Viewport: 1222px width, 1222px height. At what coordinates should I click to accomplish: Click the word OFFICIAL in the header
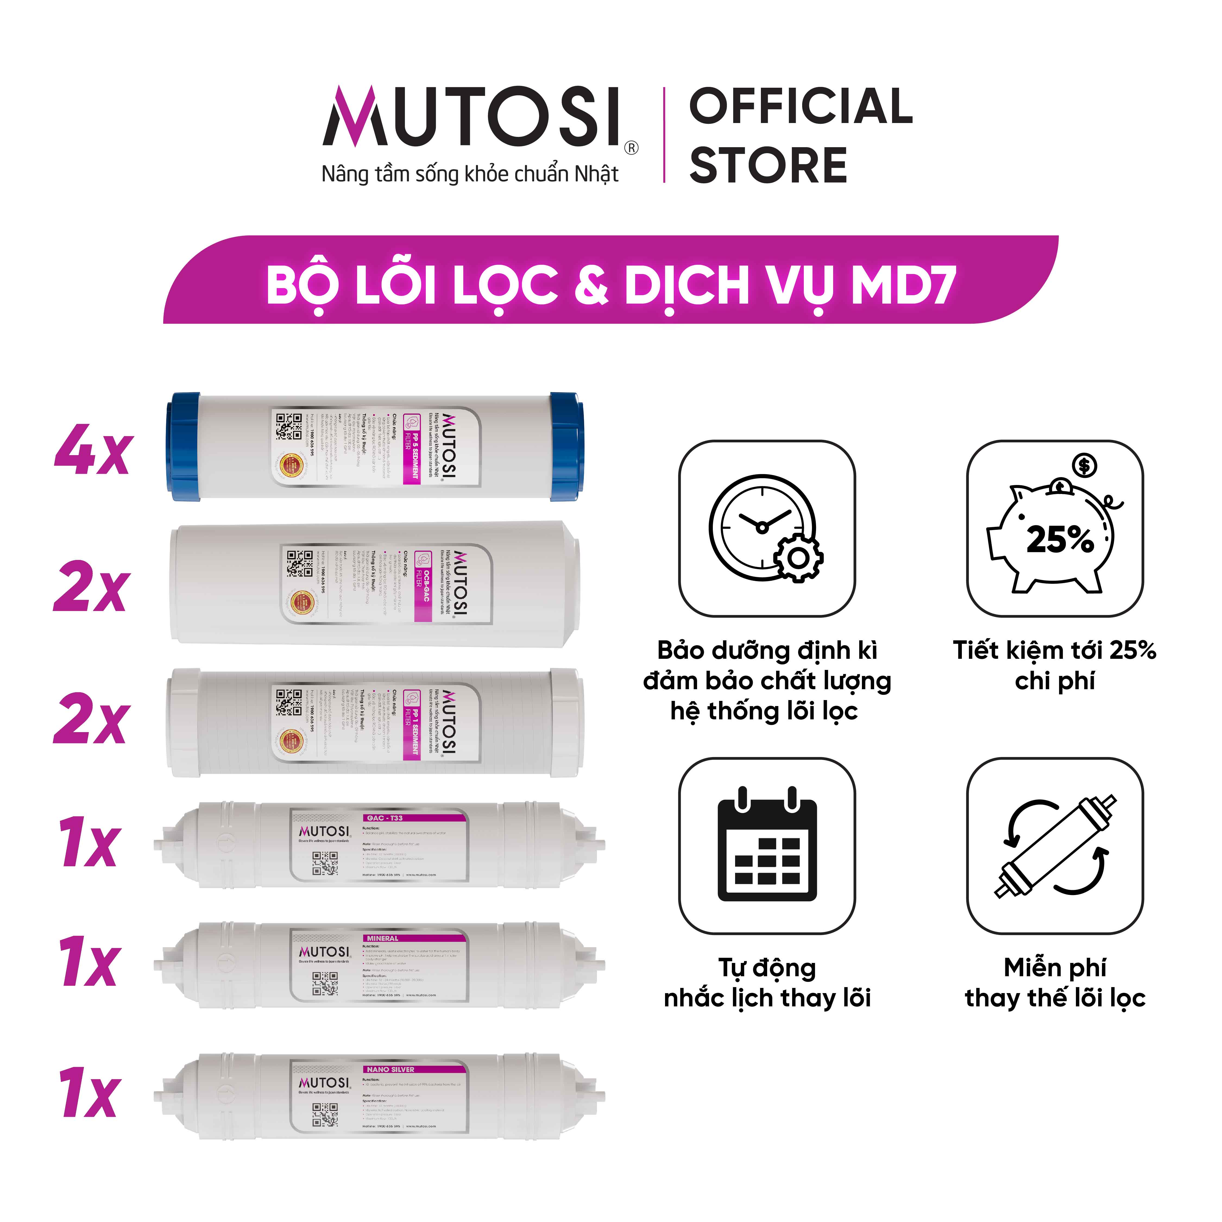(800, 106)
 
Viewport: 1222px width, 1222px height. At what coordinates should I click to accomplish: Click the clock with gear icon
(765, 528)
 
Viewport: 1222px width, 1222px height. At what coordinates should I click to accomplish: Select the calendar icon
(767, 846)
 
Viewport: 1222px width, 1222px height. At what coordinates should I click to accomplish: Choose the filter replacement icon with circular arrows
(1055, 846)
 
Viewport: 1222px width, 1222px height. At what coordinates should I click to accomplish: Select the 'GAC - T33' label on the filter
(385, 818)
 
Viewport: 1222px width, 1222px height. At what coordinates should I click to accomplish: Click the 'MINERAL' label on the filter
(383, 938)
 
